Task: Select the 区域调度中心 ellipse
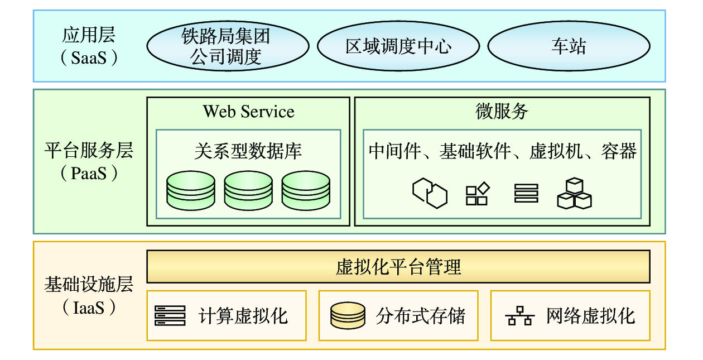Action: click(x=398, y=46)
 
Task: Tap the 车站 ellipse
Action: click(x=569, y=46)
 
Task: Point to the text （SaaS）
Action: click(x=89, y=57)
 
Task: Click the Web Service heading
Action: click(x=248, y=112)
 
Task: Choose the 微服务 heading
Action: click(x=502, y=112)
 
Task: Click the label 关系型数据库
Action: click(x=248, y=151)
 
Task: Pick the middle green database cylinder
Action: click(x=248, y=190)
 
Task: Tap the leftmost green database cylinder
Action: click(x=191, y=190)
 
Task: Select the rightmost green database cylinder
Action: click(x=306, y=190)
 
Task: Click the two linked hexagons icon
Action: click(x=430, y=193)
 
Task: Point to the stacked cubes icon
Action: click(x=574, y=194)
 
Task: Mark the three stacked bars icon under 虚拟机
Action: click(x=526, y=193)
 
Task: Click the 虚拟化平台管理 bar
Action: click(x=398, y=266)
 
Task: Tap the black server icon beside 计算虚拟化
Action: click(x=170, y=316)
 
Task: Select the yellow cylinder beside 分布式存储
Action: click(x=347, y=316)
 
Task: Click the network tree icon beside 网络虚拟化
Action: click(x=519, y=316)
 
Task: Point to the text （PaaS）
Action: click(x=89, y=174)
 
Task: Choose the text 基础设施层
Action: click(x=89, y=285)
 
